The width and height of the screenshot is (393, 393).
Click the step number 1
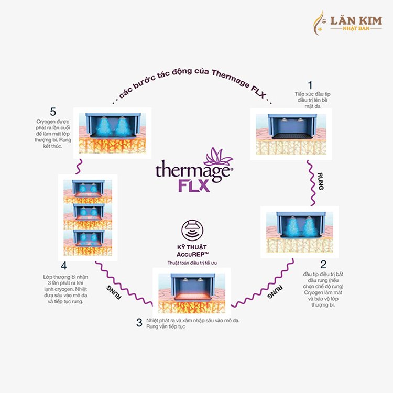310,84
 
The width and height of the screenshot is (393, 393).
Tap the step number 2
323,264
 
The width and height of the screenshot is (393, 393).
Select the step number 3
139,323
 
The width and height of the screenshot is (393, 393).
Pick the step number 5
52,112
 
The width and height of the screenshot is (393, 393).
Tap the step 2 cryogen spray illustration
299,230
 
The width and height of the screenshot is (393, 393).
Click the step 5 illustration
112,130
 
